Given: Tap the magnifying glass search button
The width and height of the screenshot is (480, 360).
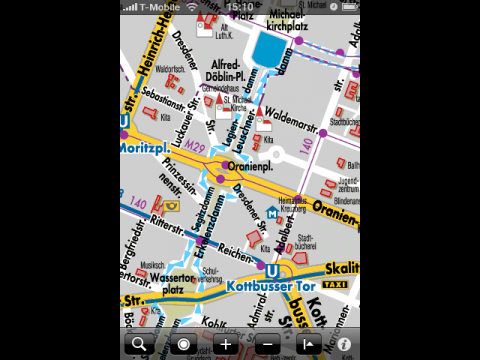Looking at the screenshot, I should [136, 345].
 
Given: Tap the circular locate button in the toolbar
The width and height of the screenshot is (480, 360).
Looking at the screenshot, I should [182, 345].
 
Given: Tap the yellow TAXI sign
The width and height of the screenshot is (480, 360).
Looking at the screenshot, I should [341, 285].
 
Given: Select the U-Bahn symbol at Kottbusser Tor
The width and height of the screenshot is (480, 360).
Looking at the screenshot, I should [269, 268].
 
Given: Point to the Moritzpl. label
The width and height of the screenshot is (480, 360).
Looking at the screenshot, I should [146, 147].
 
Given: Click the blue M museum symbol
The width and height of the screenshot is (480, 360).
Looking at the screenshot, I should [271, 212].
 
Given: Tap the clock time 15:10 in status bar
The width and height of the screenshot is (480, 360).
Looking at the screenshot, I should [239, 6].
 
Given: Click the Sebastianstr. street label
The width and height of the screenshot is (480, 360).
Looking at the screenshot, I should [164, 103].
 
